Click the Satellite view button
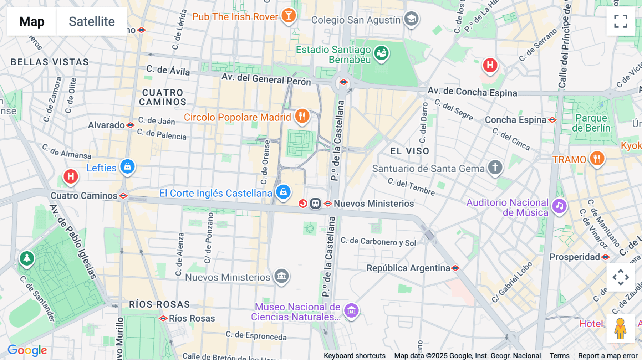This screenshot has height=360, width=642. pos(92,21)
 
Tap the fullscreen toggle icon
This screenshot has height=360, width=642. pos(621,21)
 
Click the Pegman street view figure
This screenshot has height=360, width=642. pos(620,328)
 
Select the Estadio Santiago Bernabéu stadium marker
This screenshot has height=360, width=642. pos(381,53)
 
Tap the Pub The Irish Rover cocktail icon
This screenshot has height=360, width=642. pos(289,16)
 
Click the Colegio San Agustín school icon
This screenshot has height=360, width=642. pos(411,19)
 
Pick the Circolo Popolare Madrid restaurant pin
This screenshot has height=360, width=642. pos(302,116)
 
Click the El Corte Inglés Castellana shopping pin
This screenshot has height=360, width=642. pos(283,192)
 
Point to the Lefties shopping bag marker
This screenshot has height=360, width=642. pos(127,166)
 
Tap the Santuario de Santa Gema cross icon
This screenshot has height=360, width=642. pos(495,167)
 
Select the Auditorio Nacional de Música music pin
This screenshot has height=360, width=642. pos(559,206)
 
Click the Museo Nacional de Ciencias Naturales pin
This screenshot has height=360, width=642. pos(351,310)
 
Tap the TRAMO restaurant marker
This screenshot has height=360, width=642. pos(597,158)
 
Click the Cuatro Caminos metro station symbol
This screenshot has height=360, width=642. pos(123,196)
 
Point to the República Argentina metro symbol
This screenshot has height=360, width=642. pos(455,268)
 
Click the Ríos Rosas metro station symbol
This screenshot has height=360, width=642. pos(163,318)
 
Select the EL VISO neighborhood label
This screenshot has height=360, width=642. pos(409,151)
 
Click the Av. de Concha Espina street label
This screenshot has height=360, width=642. pos(472,92)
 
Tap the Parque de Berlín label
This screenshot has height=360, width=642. pos(591,123)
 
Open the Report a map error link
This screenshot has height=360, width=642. pos(607,356)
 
